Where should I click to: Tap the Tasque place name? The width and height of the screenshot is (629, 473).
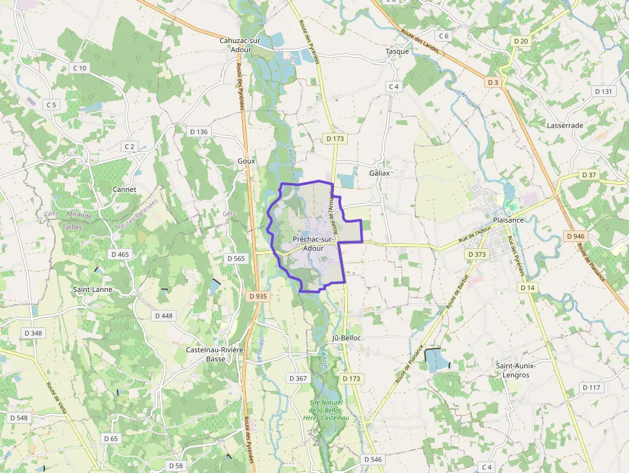(x=397, y=51)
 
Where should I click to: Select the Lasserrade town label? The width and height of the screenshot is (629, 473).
(x=565, y=125)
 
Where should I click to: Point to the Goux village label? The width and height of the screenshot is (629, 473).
(x=246, y=161)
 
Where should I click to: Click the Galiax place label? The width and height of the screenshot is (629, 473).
(x=380, y=173)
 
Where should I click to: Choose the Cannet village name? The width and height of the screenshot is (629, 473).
(x=124, y=189)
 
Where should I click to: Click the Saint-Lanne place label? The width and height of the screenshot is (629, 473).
(x=92, y=289)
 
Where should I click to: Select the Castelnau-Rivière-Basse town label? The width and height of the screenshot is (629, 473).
(x=216, y=354)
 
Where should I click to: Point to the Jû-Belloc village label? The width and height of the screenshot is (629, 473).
(x=347, y=338)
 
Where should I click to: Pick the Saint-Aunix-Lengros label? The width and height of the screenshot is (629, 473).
(x=516, y=370)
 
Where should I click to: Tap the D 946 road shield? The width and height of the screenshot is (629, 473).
(x=575, y=236)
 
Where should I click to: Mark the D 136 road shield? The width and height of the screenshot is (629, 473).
(x=199, y=132)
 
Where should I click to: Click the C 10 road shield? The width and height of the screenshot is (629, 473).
(x=80, y=68)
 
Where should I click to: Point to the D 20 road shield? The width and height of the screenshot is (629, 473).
(x=521, y=41)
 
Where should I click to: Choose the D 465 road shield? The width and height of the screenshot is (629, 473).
(x=120, y=254)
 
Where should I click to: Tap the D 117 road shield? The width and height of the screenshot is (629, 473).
(x=591, y=387)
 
